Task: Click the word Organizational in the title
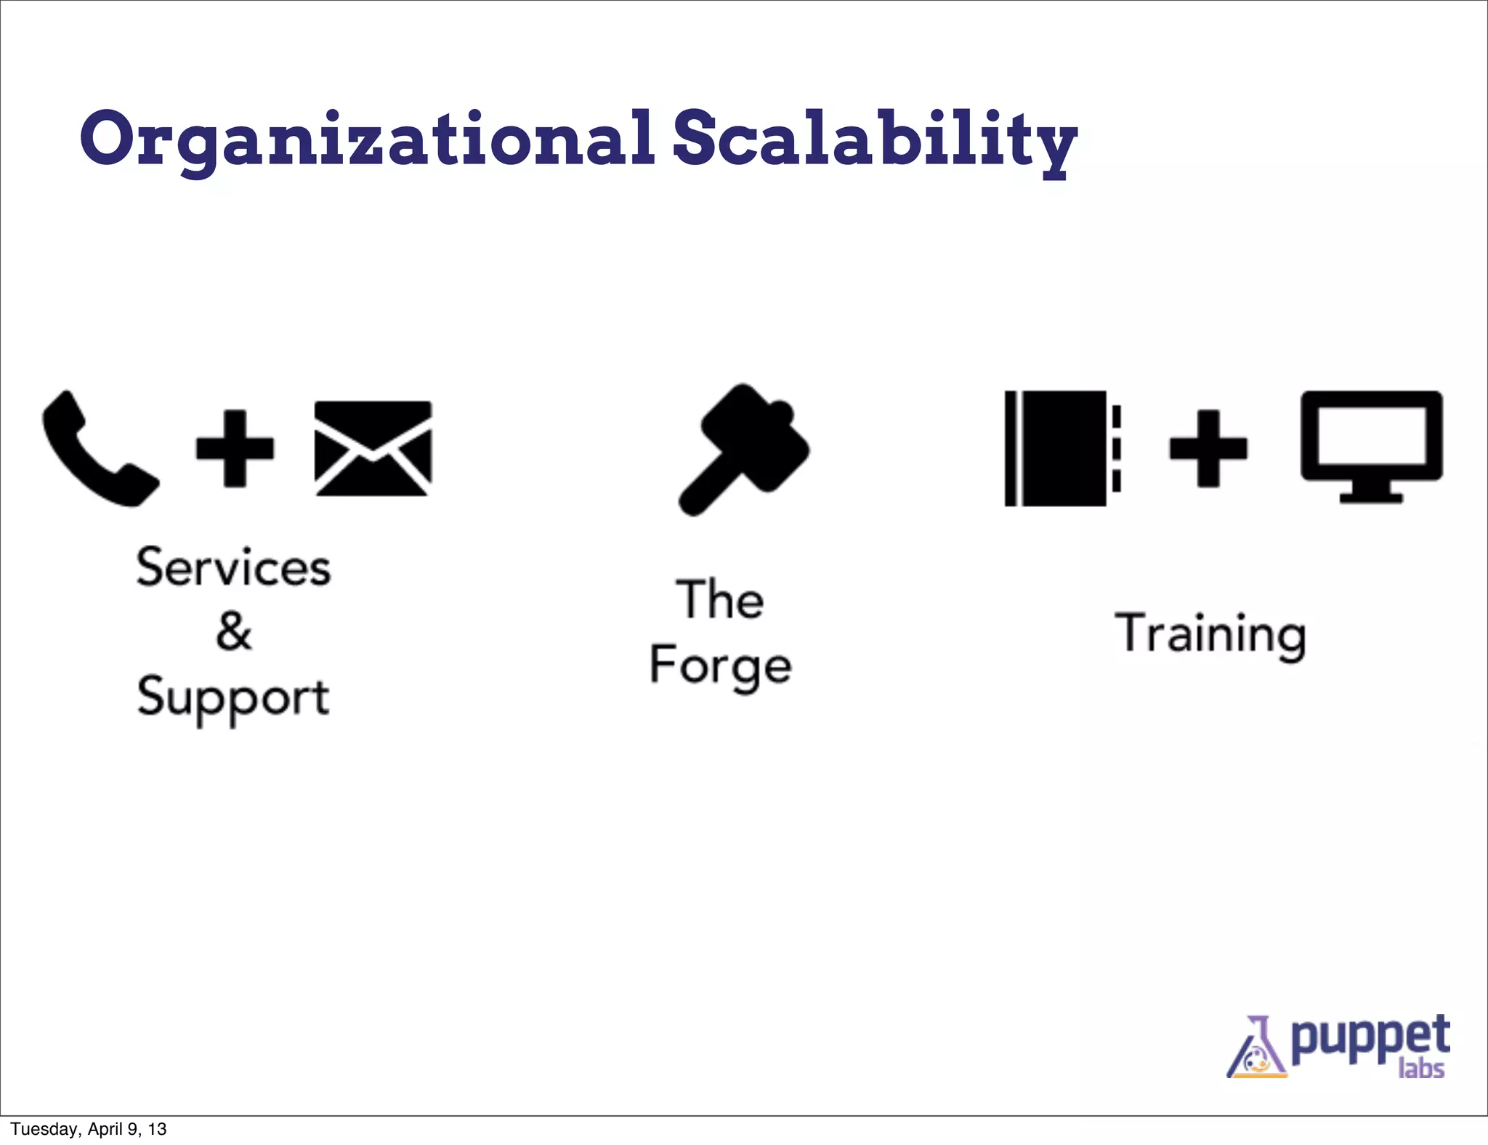[367, 139]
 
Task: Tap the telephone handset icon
[98, 449]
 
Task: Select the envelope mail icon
[373, 448]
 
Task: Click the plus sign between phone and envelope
[235, 448]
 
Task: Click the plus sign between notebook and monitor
[1208, 448]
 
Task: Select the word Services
[233, 567]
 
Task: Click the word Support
[233, 697]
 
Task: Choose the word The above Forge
[720, 600]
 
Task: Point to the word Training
[1210, 634]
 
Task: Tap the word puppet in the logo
[1370, 1038]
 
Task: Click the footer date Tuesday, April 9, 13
[89, 1129]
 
